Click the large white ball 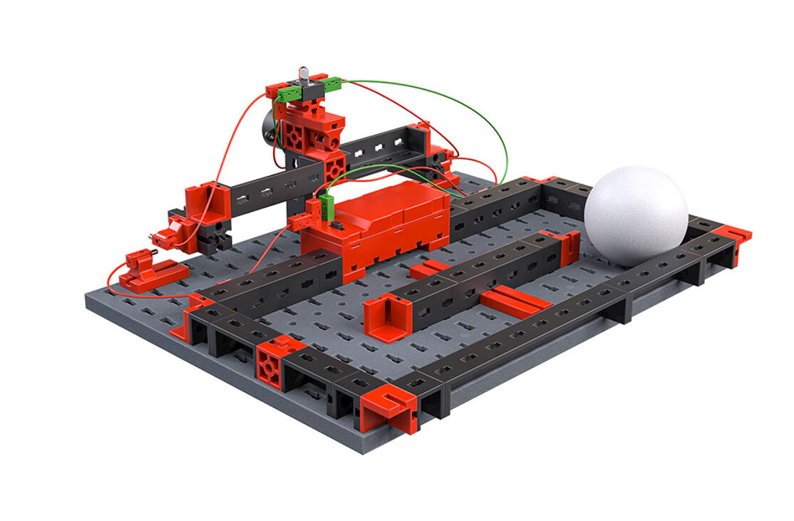point(636,215)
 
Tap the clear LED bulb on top point(302,74)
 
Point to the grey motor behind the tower point(268,126)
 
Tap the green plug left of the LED point(288,93)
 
